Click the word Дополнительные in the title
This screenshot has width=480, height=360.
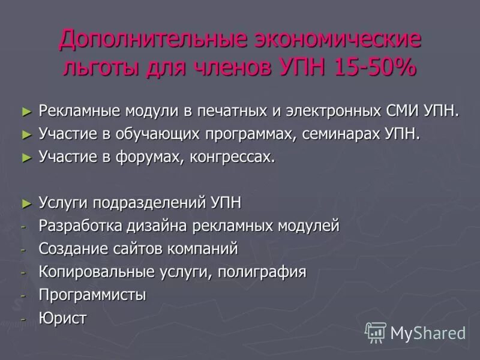153,40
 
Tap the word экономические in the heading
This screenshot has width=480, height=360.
338,40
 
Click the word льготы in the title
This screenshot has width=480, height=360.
101,67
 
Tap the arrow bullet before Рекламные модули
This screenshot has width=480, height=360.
26,111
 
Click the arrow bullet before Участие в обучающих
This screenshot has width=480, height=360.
26,134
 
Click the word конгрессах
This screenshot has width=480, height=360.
233,157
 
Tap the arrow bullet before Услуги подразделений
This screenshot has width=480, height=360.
26,203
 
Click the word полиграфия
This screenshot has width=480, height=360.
262,272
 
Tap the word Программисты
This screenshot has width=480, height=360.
92,295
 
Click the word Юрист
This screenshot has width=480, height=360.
62,317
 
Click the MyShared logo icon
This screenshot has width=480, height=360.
376,332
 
